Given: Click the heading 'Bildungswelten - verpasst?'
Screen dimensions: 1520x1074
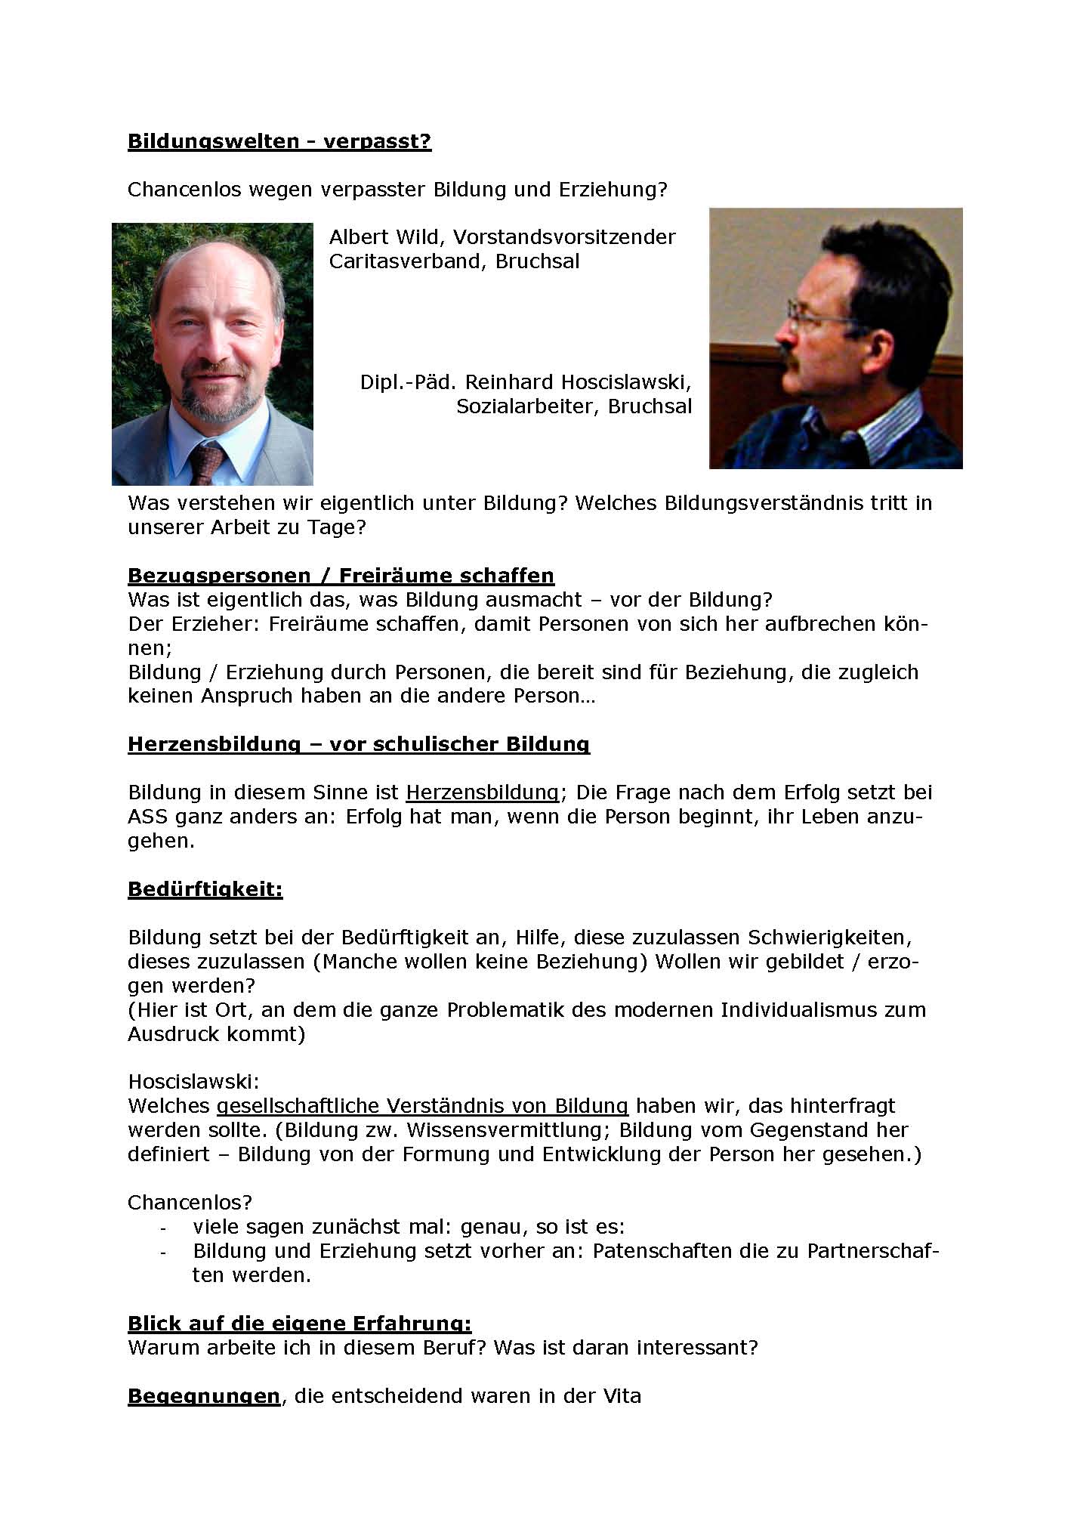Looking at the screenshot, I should [279, 141].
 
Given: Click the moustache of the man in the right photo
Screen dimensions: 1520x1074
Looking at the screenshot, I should [789, 352].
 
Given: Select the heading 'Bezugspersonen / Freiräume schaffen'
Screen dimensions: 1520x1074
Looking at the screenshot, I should [341, 576].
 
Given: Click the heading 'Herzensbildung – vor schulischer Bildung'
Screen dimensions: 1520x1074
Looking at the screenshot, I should [359, 744].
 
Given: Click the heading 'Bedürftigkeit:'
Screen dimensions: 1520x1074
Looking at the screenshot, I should [205, 889].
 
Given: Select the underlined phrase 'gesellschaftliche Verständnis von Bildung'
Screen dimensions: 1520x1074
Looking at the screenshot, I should [422, 1106].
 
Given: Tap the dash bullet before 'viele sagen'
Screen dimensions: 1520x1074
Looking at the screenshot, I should [163, 1228].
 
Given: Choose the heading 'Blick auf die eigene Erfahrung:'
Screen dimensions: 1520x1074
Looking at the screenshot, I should [300, 1324].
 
